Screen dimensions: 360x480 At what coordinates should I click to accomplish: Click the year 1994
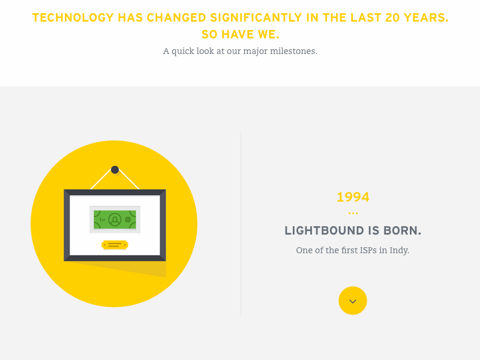click(353, 197)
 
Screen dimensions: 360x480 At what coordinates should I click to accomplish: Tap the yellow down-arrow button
click(353, 301)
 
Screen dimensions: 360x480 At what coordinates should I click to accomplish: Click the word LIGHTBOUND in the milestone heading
click(324, 231)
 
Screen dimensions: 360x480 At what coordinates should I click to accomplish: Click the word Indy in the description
click(399, 250)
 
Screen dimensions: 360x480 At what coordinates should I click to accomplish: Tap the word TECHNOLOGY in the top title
click(73, 18)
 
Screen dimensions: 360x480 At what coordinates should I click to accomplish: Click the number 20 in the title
click(393, 18)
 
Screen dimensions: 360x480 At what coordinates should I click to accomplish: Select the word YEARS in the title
click(426, 18)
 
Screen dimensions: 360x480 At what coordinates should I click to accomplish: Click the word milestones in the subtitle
click(295, 51)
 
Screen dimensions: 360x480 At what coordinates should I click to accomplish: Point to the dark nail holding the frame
click(115, 170)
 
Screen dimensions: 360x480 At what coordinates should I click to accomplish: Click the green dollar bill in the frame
click(115, 220)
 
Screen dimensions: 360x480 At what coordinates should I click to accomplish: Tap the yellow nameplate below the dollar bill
click(115, 245)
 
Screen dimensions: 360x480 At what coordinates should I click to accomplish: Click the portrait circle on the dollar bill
click(115, 220)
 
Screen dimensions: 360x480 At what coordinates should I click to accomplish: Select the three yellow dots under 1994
click(353, 213)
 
